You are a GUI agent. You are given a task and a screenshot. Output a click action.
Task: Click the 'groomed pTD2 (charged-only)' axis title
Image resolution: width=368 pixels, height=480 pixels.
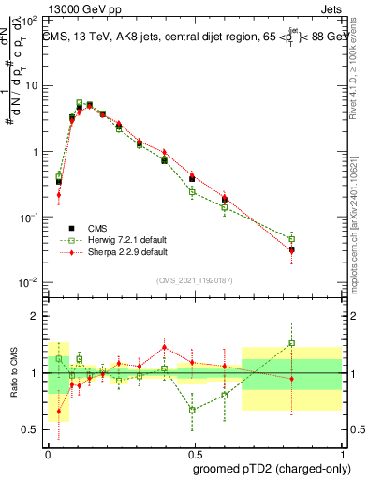[x=272, y=468]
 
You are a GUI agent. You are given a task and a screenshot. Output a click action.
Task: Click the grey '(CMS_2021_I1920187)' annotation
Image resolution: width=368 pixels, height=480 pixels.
[x=194, y=278]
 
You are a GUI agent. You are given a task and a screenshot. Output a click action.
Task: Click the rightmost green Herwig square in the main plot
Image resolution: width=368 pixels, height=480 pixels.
[x=292, y=239]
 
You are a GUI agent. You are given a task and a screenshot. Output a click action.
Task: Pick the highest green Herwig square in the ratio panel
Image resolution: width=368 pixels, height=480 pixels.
[x=292, y=343]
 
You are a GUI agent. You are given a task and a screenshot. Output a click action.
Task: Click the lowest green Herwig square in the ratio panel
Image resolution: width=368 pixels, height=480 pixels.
[x=192, y=410]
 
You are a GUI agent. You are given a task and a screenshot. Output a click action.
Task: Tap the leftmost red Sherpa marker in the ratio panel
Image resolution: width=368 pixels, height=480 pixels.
[x=59, y=411]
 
